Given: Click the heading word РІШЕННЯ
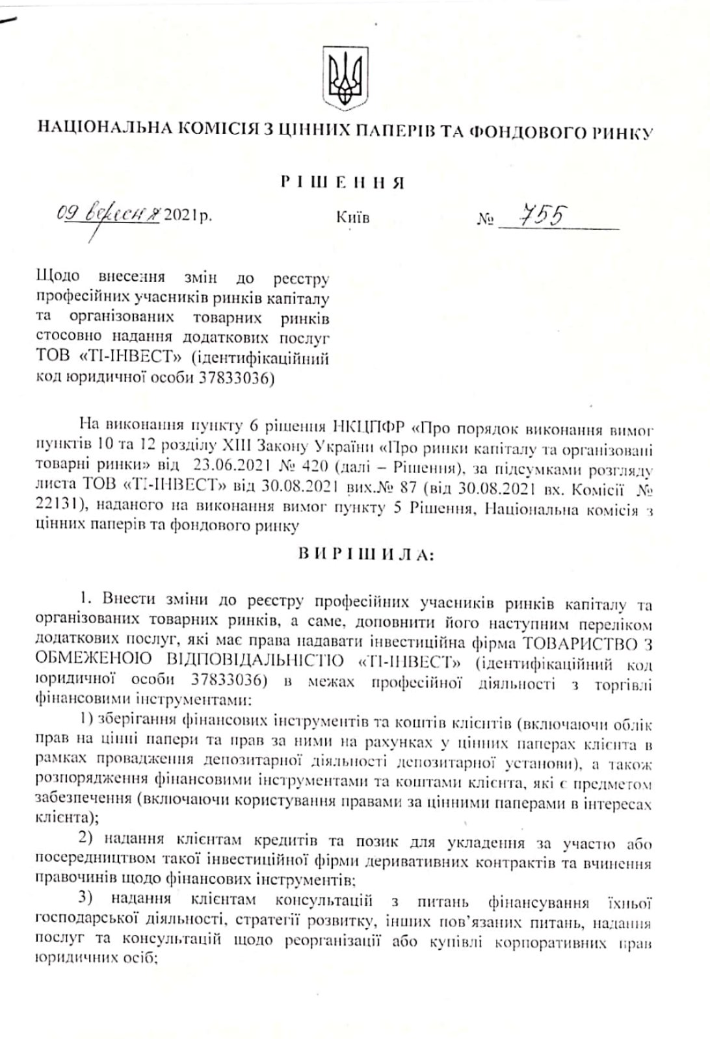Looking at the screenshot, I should [343, 183].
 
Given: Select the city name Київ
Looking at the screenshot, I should [353, 218].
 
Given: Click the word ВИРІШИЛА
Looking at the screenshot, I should [363, 554].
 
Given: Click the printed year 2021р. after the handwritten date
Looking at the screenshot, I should [188, 215].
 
